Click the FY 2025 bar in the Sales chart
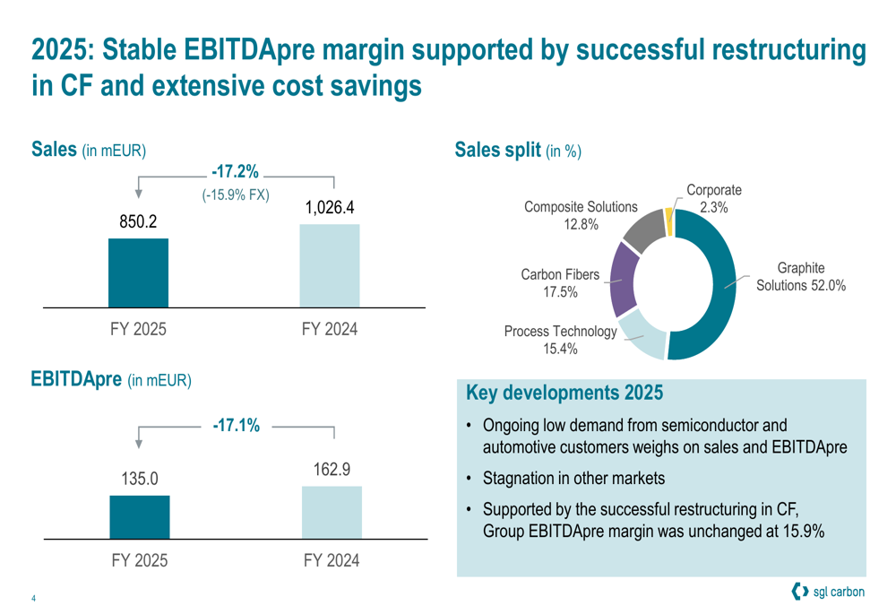[138, 272]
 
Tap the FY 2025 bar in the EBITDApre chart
[139, 516]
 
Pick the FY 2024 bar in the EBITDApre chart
[331, 512]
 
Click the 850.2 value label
[139, 221]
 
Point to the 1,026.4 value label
[330, 207]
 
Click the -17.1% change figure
[236, 425]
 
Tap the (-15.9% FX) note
[236, 195]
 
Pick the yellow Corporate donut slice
[668, 221]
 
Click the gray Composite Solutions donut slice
[642, 229]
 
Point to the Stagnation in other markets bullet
[573, 477]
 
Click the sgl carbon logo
[829, 592]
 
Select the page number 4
[33, 599]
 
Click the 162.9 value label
[331, 470]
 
